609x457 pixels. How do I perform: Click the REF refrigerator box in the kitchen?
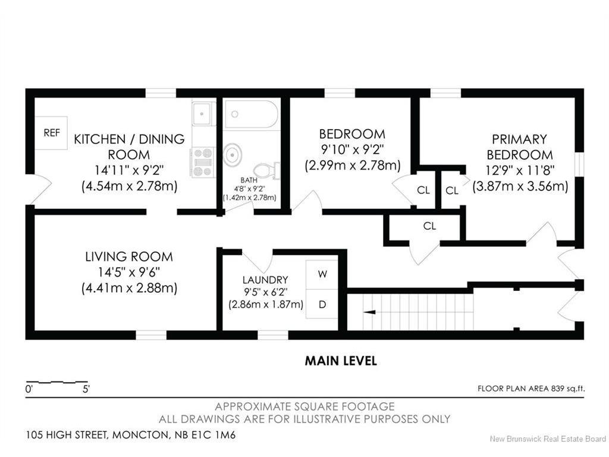[x=52, y=133]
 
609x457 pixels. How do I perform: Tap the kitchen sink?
[x=203, y=113]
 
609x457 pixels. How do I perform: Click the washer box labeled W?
[x=322, y=274]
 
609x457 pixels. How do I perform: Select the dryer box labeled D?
[x=322, y=305]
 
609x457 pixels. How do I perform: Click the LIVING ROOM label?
[x=129, y=257]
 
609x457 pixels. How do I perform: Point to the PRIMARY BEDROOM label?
[x=519, y=147]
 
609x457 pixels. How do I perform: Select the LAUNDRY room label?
[x=265, y=280]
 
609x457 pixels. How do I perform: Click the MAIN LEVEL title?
[x=341, y=361]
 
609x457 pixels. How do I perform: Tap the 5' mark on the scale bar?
[x=86, y=390]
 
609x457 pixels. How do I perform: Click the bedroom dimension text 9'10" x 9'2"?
[x=351, y=149]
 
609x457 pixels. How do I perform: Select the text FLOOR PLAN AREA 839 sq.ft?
[x=531, y=389]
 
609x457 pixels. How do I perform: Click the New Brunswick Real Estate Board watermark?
[x=547, y=440]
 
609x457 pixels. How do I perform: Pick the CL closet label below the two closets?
[x=429, y=226]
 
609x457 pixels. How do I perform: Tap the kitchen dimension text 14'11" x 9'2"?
[x=129, y=170]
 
